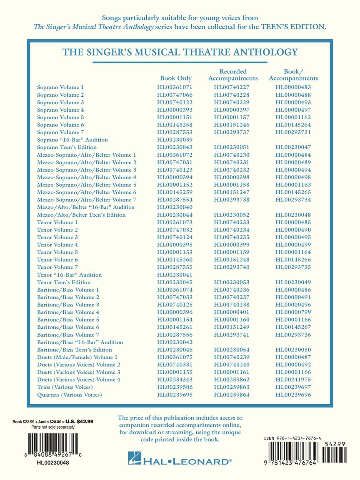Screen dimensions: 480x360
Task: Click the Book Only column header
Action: coord(176,78)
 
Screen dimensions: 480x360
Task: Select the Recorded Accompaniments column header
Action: coord(233,75)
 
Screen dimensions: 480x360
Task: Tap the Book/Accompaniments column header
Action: coord(293,75)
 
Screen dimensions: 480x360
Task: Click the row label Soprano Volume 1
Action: coord(60,87)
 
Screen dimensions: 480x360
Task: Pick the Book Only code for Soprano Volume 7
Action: coord(175,132)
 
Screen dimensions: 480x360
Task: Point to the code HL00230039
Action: coord(175,140)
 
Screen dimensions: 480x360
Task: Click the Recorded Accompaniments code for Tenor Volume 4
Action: coord(232,245)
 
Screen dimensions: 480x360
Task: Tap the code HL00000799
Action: coord(293,312)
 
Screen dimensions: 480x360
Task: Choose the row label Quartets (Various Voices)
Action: coord(69,395)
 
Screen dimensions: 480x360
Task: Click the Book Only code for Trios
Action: coord(175,387)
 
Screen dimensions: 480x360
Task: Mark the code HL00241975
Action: coord(293,380)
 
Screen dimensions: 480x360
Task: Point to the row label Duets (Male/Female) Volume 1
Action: coord(77,357)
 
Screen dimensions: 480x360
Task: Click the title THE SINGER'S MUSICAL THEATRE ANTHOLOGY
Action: coord(180,52)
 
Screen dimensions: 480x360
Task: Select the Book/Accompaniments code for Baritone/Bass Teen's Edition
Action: coord(293,350)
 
